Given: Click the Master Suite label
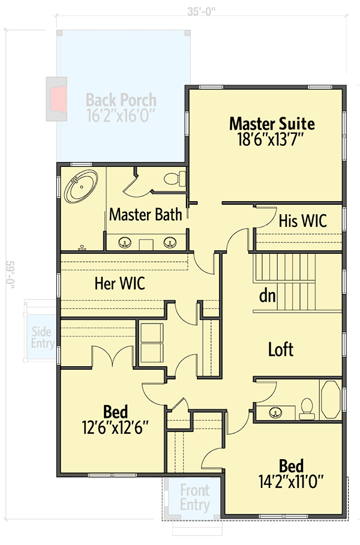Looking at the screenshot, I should [x=272, y=124].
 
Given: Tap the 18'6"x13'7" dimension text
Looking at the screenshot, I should [x=272, y=140].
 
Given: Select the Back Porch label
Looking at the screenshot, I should [x=121, y=100].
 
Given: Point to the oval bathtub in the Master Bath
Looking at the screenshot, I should [x=82, y=187].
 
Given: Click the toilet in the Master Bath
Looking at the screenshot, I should [x=175, y=178].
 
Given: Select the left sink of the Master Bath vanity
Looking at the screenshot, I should [x=126, y=242].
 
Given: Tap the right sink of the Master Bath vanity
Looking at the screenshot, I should [x=170, y=242].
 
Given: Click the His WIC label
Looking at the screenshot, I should [x=302, y=220].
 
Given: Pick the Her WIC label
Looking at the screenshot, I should [x=119, y=283].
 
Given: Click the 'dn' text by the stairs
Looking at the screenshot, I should [x=267, y=296].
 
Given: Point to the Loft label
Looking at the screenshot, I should [x=280, y=349].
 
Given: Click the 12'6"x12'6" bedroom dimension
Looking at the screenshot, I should [x=115, y=428].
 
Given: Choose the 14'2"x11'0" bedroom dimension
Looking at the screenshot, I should [x=290, y=481].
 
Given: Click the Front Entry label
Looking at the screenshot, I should [x=195, y=498].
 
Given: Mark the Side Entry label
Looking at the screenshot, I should [x=41, y=338].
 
